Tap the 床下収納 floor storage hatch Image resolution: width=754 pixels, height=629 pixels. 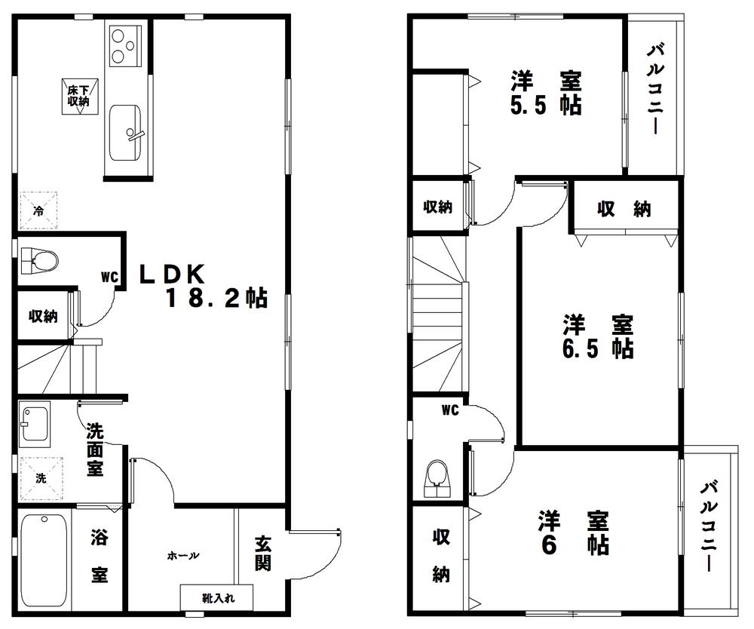pyautogui.click(x=76, y=96)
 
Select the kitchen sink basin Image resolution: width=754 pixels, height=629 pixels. pyautogui.click(x=125, y=133)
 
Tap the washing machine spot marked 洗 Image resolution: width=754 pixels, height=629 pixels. pyautogui.click(x=41, y=477)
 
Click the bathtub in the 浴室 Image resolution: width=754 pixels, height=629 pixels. pyautogui.click(x=43, y=559)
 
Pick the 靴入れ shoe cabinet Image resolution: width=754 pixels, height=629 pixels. pyautogui.click(x=217, y=598)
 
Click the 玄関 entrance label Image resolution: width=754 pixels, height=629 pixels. pyautogui.click(x=262, y=552)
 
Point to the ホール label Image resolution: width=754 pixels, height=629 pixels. pyautogui.click(x=183, y=556)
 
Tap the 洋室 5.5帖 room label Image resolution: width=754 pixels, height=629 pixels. pyautogui.click(x=547, y=92)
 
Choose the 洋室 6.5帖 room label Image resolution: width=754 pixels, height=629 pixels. pyautogui.click(x=598, y=337)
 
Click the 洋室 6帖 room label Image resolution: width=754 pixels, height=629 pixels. pyautogui.click(x=573, y=532)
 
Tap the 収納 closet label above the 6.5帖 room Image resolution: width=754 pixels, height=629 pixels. pyautogui.click(x=624, y=210)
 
